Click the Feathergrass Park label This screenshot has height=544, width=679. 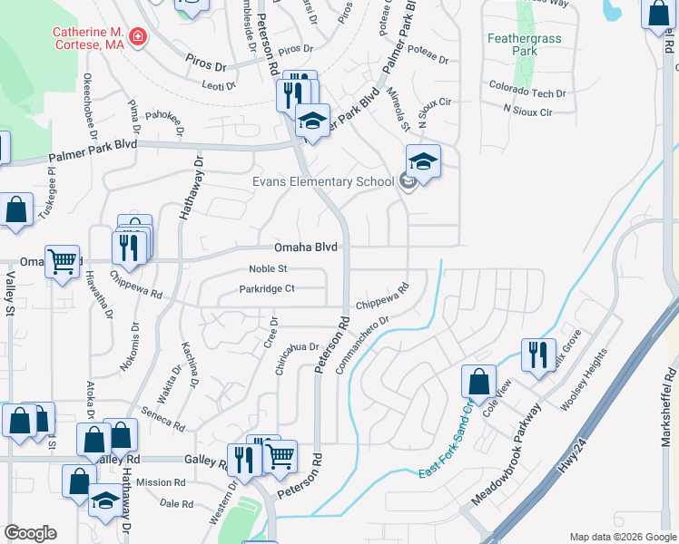[525, 44]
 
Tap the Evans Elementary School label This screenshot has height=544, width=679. [323, 181]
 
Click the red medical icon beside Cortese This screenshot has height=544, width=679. [138, 37]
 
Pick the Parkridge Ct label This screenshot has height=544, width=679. [267, 289]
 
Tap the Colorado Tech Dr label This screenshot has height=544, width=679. [527, 93]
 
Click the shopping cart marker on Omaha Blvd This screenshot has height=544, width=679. [62, 262]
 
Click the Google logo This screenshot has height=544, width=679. [30, 533]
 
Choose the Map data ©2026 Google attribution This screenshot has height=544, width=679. [622, 537]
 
